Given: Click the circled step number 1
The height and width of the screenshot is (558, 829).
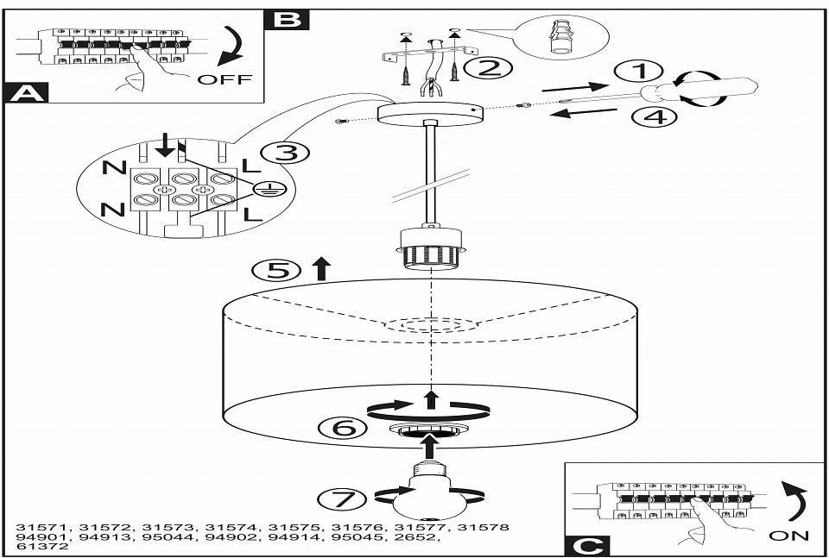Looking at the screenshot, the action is pos(640,71).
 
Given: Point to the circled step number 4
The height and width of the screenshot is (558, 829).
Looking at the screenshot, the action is pos(655,116).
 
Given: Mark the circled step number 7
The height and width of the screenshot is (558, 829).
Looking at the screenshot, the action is pos(343,498).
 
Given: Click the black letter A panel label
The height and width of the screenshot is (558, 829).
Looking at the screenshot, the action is pos(26,93).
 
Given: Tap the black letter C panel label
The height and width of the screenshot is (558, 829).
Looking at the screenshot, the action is pos(587,545).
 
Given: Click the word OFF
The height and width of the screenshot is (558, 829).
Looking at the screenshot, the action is pos(225,79).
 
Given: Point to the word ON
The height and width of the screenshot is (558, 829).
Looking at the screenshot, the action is pos(788,536).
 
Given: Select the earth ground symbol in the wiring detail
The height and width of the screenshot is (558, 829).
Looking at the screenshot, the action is pos(266,189).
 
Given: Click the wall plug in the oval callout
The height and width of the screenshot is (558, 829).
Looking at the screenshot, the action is pos(561,37).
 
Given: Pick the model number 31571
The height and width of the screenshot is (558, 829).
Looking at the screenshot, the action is pos(44,527).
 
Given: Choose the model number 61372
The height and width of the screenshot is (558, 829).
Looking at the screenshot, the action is pos(42,547).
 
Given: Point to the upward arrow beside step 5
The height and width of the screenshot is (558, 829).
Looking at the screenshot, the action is pos(321,269).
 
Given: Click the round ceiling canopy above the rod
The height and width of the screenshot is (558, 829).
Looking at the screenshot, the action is pos(431,114).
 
